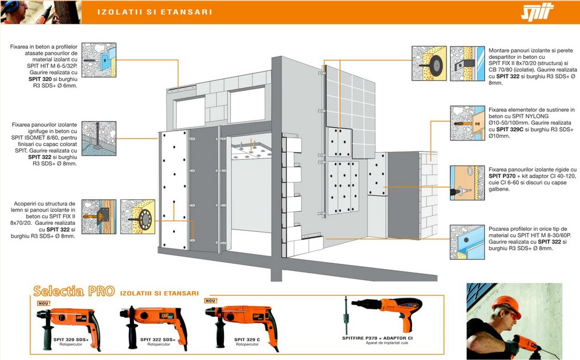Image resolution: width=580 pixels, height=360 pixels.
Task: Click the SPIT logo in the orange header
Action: point(537,12)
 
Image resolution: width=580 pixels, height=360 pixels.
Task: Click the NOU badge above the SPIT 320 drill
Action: point(44,303)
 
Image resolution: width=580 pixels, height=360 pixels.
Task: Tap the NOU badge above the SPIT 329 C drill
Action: point(210,301)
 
